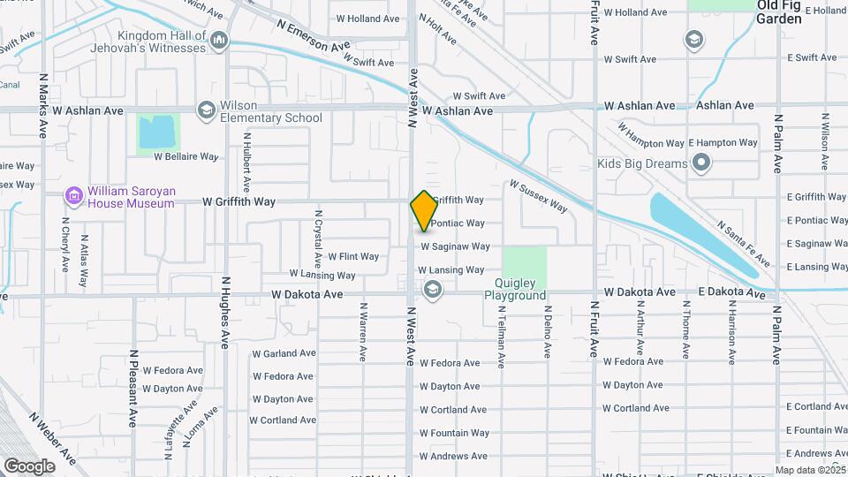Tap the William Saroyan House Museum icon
point(73,194)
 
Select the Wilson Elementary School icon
point(206,110)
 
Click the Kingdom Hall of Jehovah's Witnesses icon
point(219,40)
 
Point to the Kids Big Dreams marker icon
point(701,163)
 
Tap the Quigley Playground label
point(515,291)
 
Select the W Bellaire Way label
point(185,156)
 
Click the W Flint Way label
point(353,257)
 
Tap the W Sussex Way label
point(538,196)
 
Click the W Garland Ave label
point(284,353)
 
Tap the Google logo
point(29,466)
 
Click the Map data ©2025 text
point(810,470)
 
